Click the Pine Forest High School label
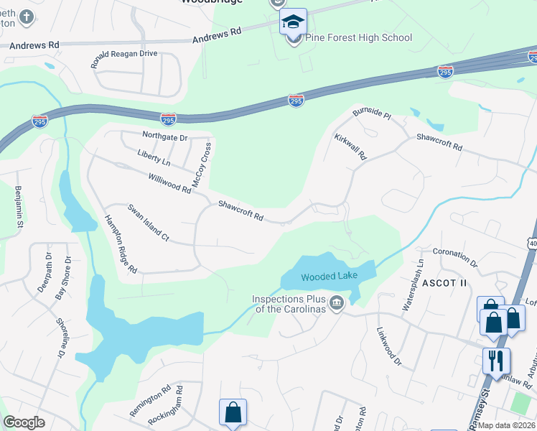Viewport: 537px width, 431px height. [x=359, y=38]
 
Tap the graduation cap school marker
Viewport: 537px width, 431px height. [x=293, y=22]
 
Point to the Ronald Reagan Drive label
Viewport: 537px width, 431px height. [x=123, y=59]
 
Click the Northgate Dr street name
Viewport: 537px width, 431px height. [x=164, y=136]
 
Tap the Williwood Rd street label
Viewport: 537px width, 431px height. [x=169, y=183]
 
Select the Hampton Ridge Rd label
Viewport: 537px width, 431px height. [x=121, y=244]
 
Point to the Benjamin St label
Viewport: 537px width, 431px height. [x=19, y=205]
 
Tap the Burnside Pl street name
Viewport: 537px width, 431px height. [x=371, y=113]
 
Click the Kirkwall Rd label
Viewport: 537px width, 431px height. [x=350, y=146]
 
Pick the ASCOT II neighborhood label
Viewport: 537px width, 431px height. [x=444, y=283]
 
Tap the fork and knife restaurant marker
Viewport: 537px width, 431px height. [x=496, y=360]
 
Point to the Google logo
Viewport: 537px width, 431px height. [x=24, y=423]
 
